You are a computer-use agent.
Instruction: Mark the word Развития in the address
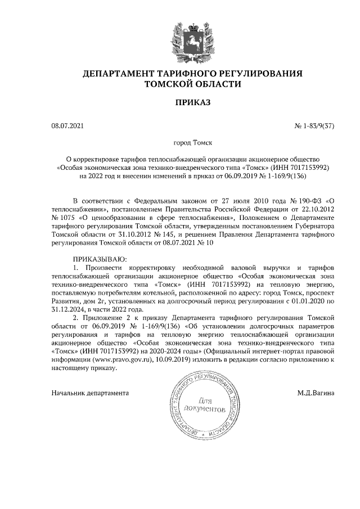pyautogui.click(x=65, y=300)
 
